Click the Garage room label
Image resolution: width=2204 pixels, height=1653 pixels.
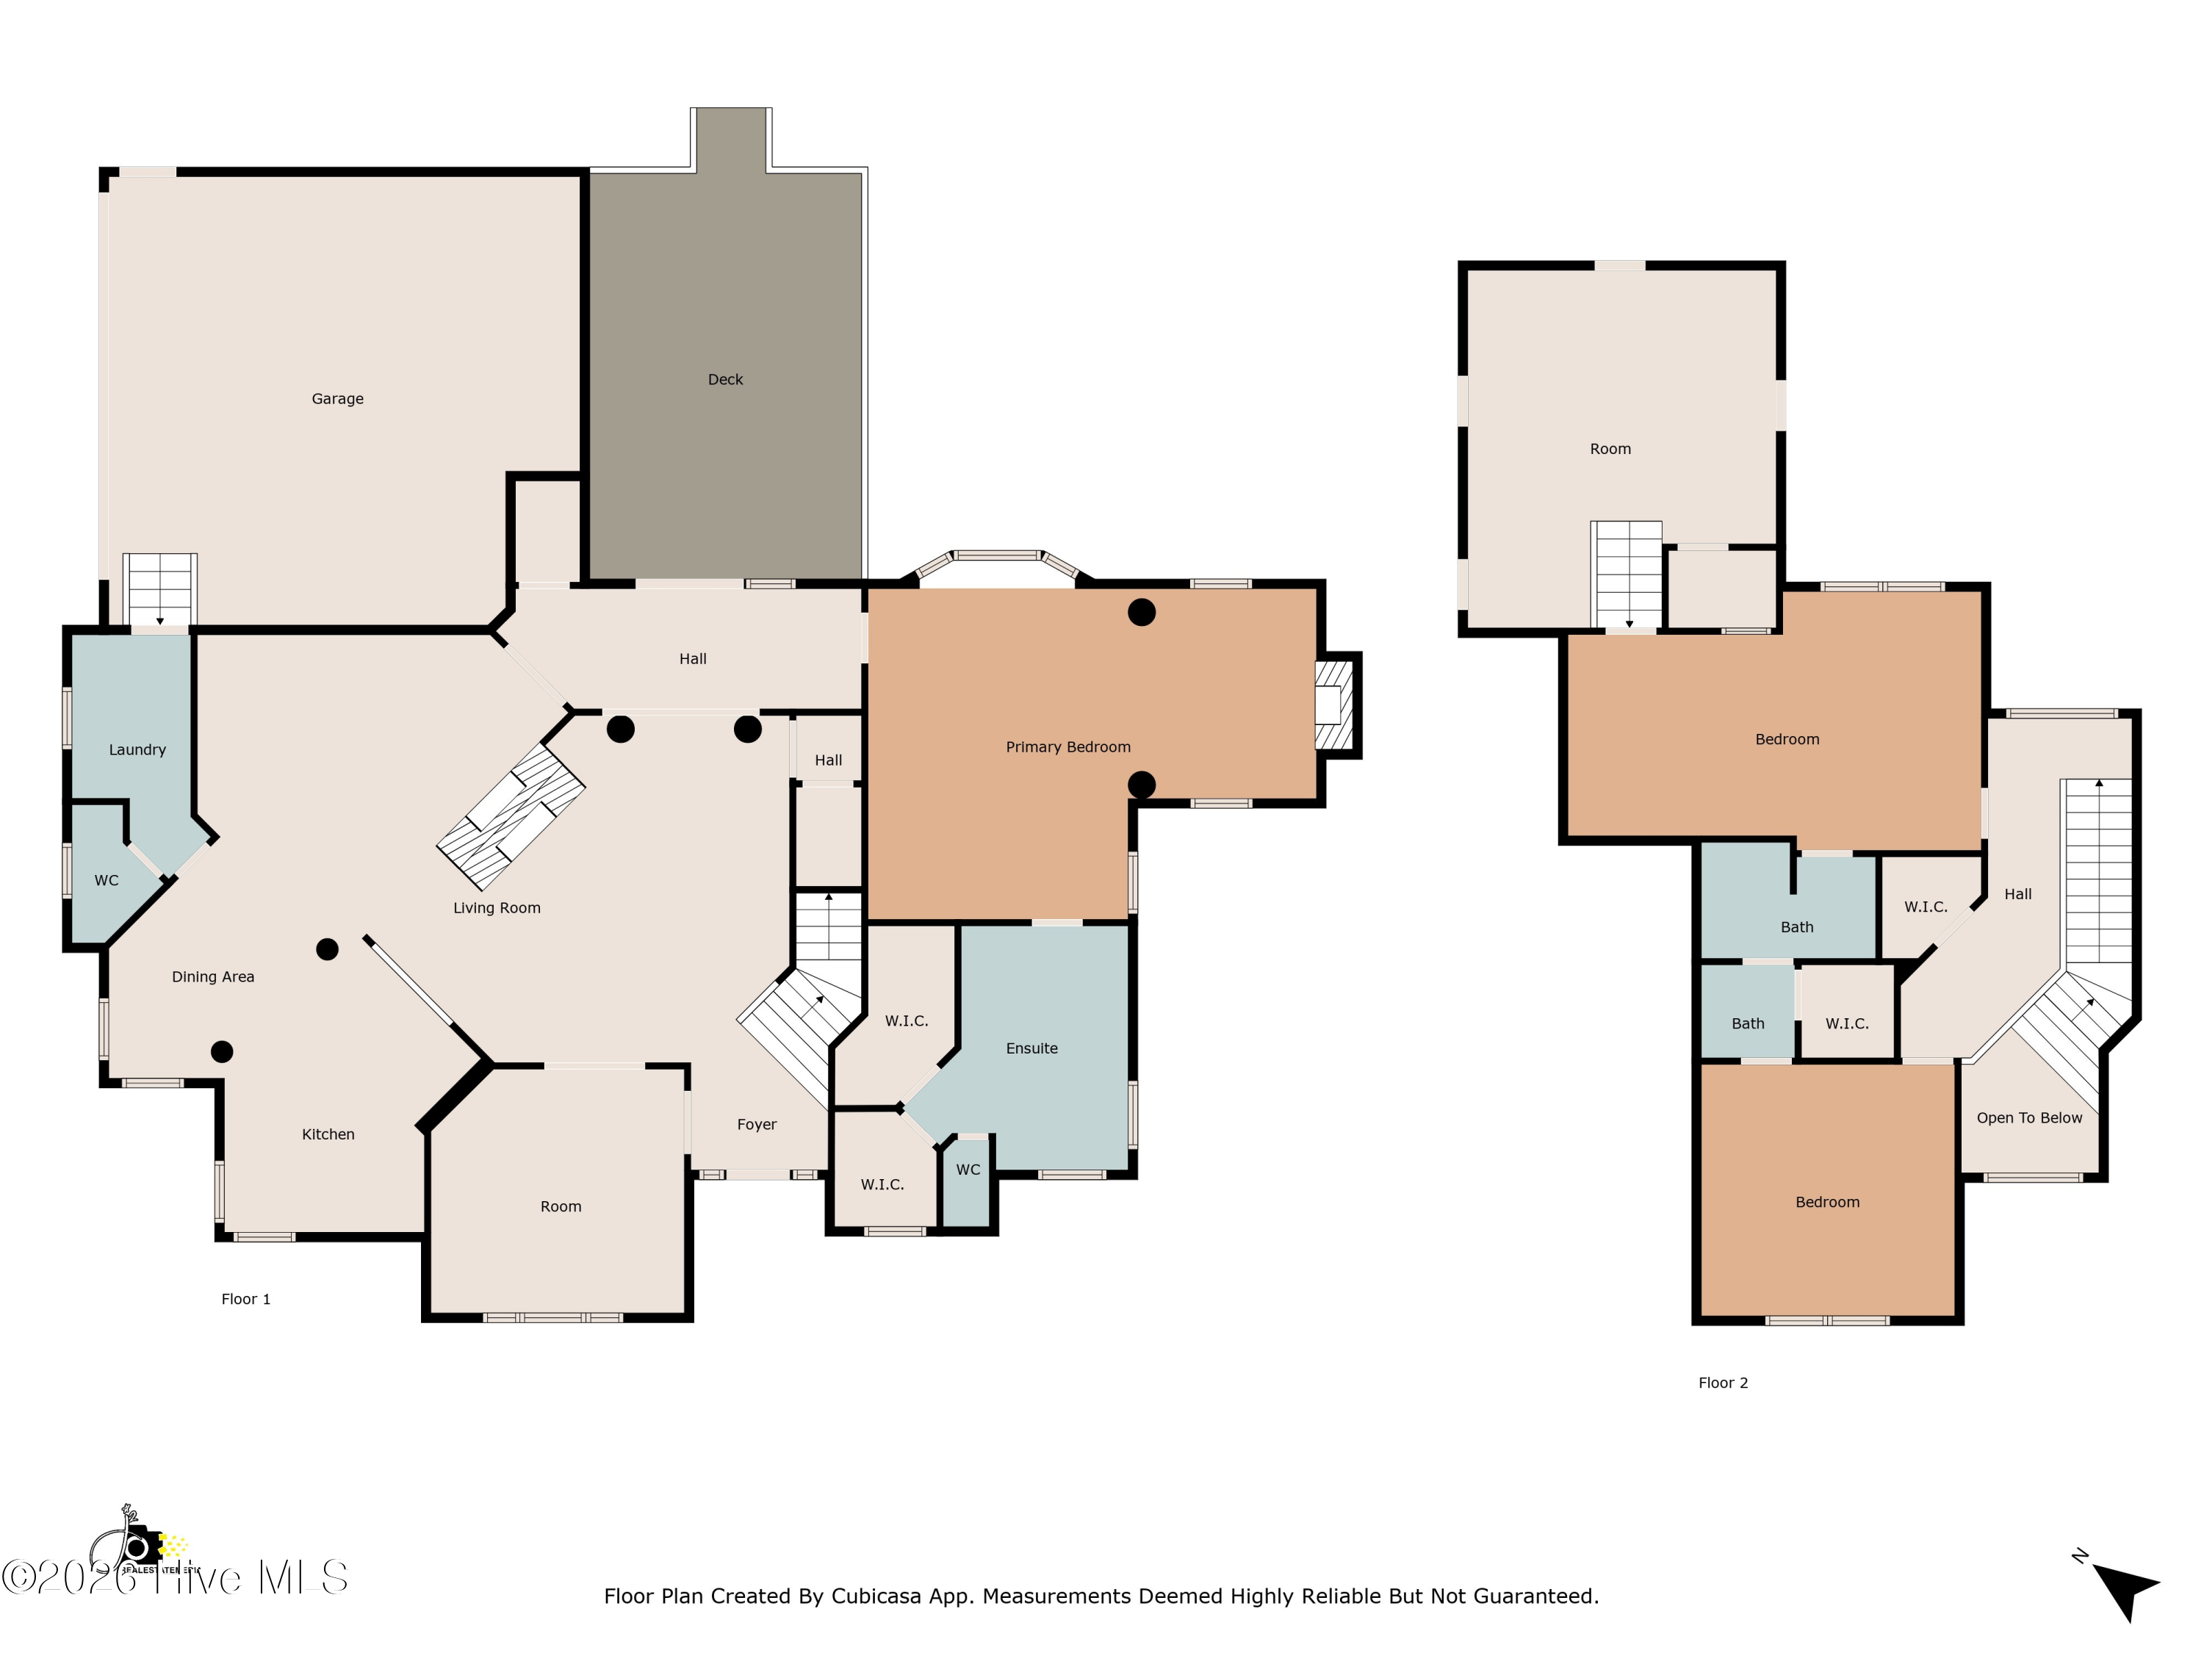[336, 398]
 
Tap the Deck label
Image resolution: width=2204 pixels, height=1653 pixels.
[724, 380]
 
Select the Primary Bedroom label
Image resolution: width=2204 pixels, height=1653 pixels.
[1067, 747]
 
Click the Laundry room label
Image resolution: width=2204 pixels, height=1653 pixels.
[137, 750]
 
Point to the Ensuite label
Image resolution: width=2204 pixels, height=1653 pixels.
[1031, 1048]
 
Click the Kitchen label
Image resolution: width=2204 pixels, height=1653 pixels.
[328, 1134]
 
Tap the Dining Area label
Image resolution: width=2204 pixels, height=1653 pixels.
[212, 976]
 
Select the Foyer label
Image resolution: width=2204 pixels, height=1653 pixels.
[756, 1124]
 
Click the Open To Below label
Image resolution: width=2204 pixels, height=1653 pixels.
[2028, 1118]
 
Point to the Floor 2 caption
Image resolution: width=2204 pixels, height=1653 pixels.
[1723, 1383]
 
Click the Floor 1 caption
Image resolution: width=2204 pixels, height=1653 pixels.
[245, 1300]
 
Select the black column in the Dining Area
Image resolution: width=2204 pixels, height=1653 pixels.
[327, 949]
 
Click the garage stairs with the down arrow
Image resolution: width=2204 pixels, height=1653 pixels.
[159, 590]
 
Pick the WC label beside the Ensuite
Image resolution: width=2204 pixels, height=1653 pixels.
[968, 1170]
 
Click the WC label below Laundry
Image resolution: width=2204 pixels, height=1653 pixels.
[106, 881]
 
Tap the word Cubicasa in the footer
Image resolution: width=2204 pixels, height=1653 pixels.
[874, 1596]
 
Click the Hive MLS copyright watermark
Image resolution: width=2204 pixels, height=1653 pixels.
[174, 1577]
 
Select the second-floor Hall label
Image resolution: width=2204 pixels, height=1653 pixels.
[2017, 895]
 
